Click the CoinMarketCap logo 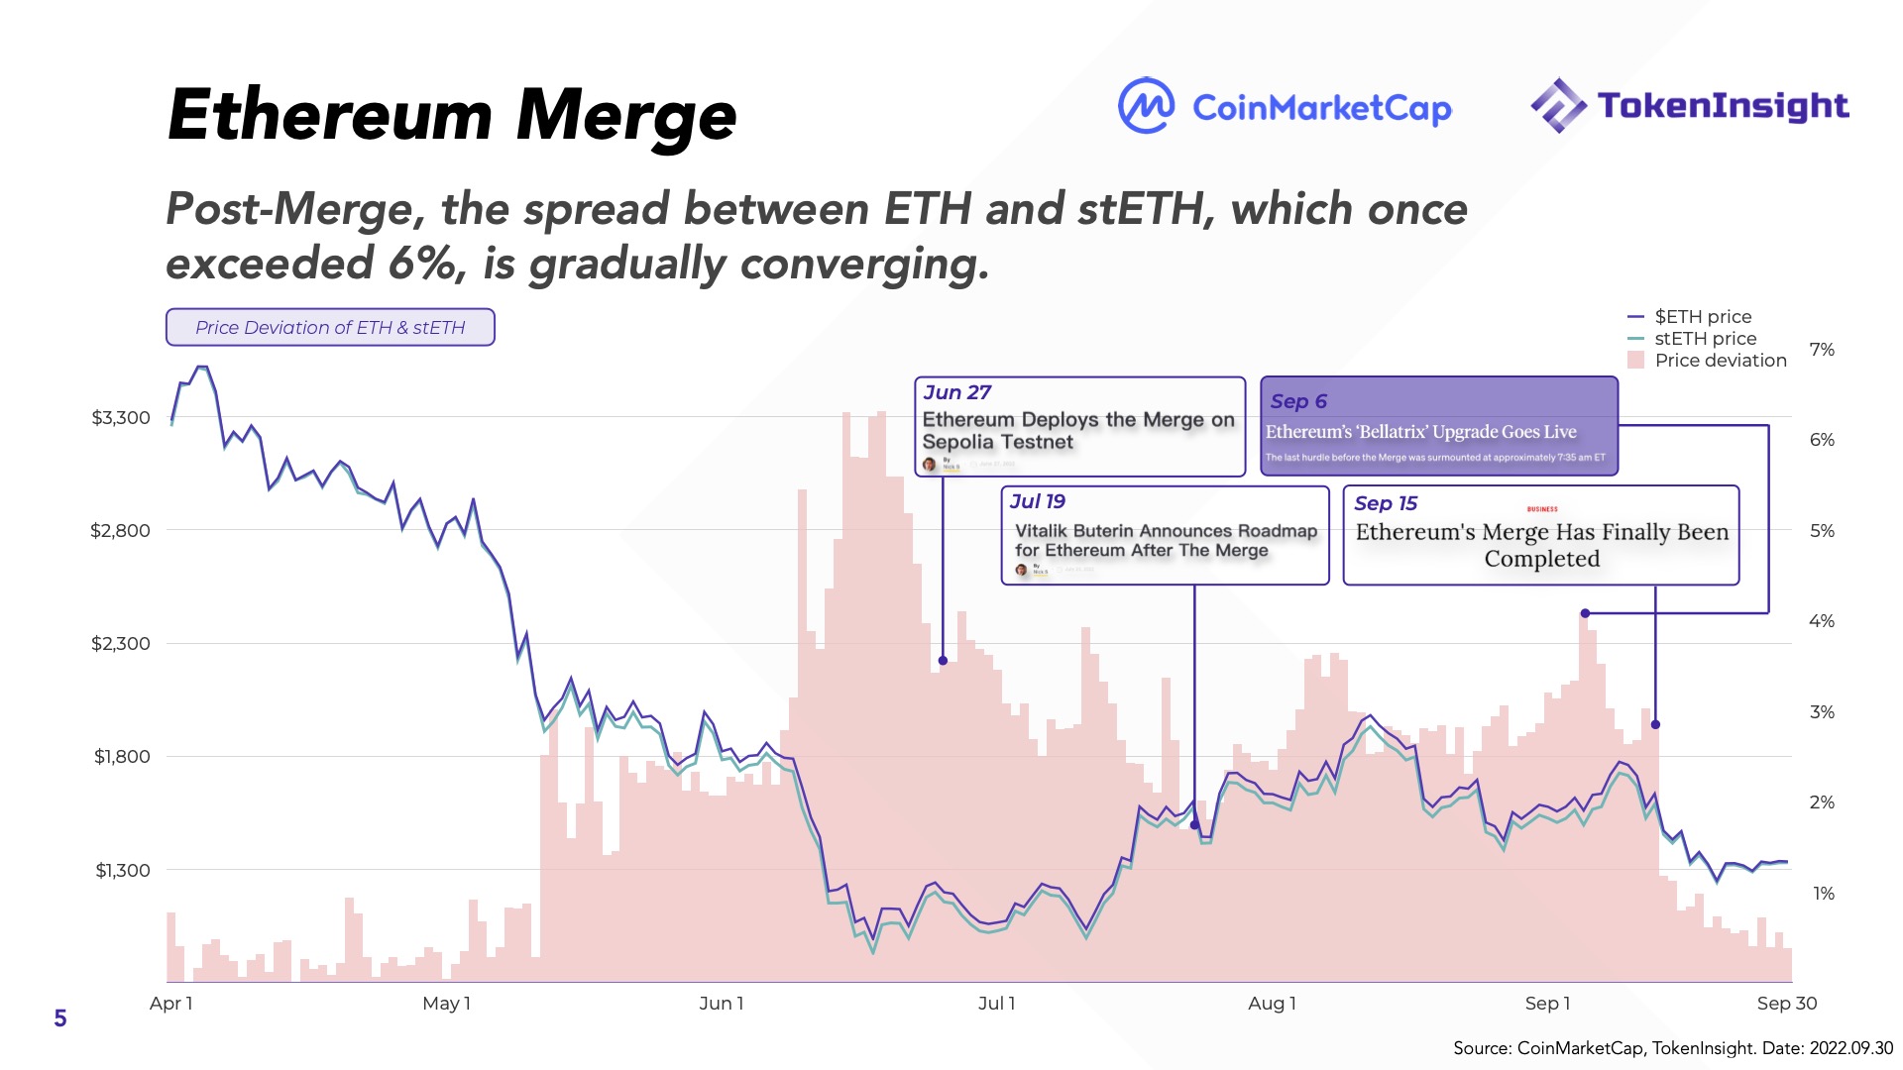(x=1285, y=106)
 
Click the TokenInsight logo (x=1689, y=105)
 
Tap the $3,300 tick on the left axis (x=121, y=418)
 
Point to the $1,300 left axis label (x=122, y=871)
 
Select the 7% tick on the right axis (x=1822, y=350)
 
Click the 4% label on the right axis (x=1822, y=621)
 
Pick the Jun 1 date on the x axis (x=721, y=1004)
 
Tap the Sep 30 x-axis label (x=1786, y=1004)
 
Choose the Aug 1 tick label (x=1272, y=1004)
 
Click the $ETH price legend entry (x=1702, y=317)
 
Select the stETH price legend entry (x=1705, y=339)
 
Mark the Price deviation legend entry (x=1720, y=361)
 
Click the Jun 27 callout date (x=956, y=393)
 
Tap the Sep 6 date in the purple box (x=1298, y=402)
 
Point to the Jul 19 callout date (x=1038, y=502)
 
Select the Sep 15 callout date (x=1386, y=504)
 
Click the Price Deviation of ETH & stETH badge (x=330, y=328)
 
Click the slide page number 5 (x=60, y=1018)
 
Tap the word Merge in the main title (x=626, y=116)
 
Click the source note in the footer (x=1672, y=1048)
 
